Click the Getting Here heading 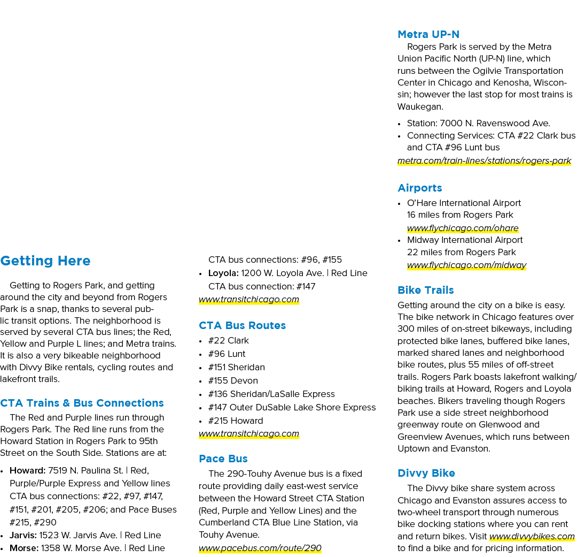pos(45,261)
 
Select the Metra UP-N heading pos(428,34)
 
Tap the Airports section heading pos(420,188)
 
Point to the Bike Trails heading pos(425,290)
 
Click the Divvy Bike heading pos(426,473)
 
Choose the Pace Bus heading pos(223,459)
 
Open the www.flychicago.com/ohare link pos(463,228)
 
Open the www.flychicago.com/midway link pos(466,265)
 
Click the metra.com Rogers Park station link pos(484,161)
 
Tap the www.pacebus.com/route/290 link pos(260,548)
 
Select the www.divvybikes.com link pos(532,536)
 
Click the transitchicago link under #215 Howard pos(249,433)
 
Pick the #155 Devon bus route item pos(233,380)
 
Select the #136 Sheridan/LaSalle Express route pos(271,394)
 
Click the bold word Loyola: pos(223,273)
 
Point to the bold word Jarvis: pos(23,535)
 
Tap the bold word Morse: pos(24,548)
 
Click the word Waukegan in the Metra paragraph pos(420,106)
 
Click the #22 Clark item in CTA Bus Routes pos(229,340)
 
